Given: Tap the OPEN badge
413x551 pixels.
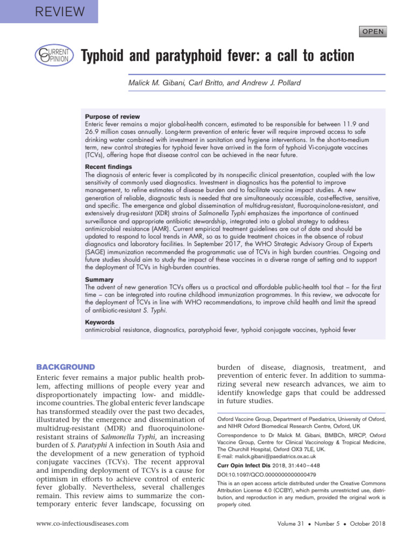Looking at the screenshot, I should point(373,32).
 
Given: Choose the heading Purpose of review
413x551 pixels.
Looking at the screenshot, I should point(112,117).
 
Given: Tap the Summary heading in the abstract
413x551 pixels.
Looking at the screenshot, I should point(99,280).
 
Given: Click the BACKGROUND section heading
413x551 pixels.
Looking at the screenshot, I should point(65,367).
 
